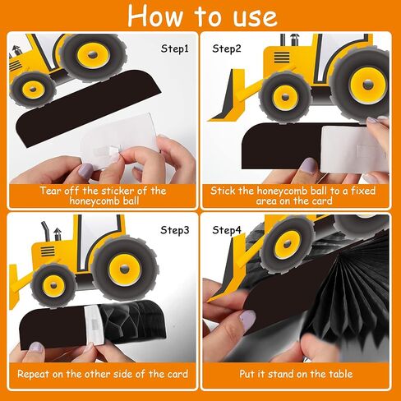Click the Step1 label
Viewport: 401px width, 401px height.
tap(175, 48)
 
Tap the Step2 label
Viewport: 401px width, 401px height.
tap(227, 48)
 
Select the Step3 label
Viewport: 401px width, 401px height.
tap(175, 230)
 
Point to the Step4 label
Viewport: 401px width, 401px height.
tap(227, 230)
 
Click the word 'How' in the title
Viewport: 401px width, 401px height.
tap(155, 16)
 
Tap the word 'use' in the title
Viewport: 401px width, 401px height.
tap(255, 18)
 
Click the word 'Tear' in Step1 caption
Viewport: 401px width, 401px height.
tap(51, 191)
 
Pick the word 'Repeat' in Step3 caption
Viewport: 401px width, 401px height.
tap(33, 374)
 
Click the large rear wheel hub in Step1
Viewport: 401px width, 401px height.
tap(93, 55)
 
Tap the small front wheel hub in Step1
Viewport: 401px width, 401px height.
tap(33, 90)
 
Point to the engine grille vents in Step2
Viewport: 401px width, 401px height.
tap(282, 58)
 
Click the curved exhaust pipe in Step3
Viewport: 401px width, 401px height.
tap(45, 231)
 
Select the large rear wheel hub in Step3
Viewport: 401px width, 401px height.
tap(125, 270)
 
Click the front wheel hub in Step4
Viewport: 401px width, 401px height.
tap(287, 244)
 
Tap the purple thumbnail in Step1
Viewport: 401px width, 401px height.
tap(85, 170)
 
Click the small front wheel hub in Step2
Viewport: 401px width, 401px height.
tap(285, 97)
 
